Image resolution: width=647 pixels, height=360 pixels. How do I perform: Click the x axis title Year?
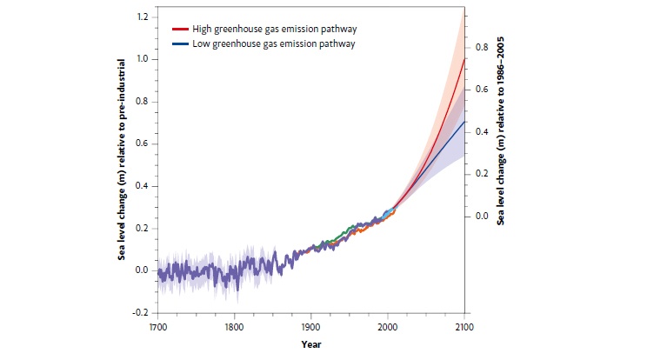coord(310,343)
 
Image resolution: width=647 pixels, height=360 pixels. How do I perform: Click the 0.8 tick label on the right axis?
coord(477,48)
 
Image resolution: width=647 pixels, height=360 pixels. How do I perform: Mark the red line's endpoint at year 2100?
coord(463,59)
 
